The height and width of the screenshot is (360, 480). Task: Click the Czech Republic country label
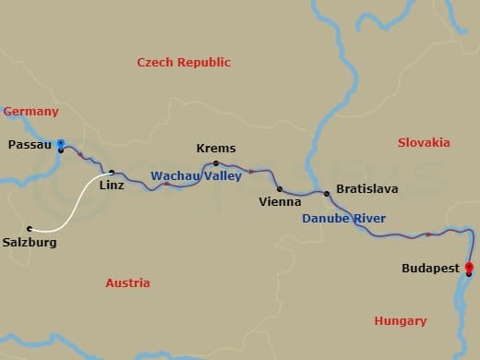click(184, 63)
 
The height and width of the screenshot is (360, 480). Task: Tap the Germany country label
click(31, 112)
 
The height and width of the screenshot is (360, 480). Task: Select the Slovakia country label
click(424, 142)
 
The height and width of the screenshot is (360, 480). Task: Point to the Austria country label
click(127, 283)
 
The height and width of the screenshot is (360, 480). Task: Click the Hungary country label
click(401, 321)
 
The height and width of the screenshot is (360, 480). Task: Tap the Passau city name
click(29, 145)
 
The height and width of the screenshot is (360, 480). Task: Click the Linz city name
click(111, 186)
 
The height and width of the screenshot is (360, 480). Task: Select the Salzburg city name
click(30, 243)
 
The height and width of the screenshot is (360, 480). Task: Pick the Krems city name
click(216, 148)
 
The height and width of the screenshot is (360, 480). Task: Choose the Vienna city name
click(279, 201)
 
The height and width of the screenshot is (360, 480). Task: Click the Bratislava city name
click(367, 188)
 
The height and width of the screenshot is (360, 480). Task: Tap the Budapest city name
click(430, 269)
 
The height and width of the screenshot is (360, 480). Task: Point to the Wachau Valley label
click(196, 175)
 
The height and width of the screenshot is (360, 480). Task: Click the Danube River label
click(344, 219)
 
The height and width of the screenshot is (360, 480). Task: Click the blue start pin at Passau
click(61, 144)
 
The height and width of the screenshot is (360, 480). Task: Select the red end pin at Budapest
click(469, 268)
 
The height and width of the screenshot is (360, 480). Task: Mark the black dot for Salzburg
click(30, 228)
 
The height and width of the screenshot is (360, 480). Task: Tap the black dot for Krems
click(216, 162)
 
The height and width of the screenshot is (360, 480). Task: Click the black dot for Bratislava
click(326, 193)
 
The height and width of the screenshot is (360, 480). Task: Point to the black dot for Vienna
click(279, 189)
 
